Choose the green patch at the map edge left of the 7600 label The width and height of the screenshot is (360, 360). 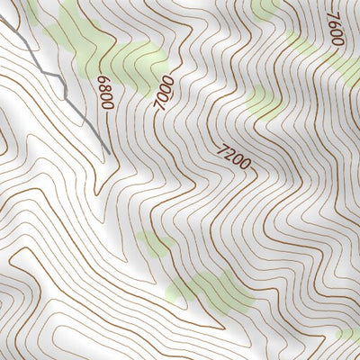[x=266, y=9]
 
